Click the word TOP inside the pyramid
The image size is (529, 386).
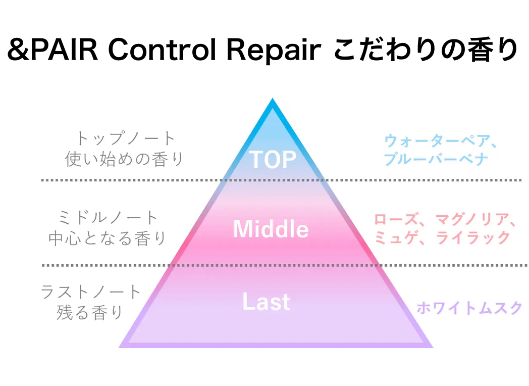coord(273,160)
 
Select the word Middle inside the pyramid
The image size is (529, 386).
coord(271,229)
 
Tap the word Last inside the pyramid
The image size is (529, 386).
coord(267,302)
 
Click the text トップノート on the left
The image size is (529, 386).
coord(125,138)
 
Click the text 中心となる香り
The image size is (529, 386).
coord(108,238)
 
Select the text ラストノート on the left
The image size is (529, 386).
coord(91,292)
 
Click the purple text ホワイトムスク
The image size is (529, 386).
coord(469,308)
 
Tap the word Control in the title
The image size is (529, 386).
coord(156,51)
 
